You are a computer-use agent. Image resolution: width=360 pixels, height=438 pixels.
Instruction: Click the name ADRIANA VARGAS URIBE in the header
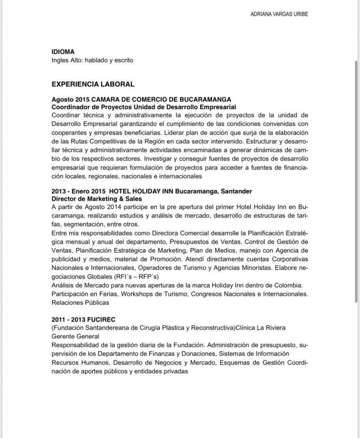point(279,14)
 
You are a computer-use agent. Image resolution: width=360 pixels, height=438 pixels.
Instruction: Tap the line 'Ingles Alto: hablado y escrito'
point(92,60)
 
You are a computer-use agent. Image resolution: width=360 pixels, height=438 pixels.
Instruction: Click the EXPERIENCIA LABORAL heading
point(93,84)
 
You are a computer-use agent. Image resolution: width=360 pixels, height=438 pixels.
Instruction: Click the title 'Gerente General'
point(75,337)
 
